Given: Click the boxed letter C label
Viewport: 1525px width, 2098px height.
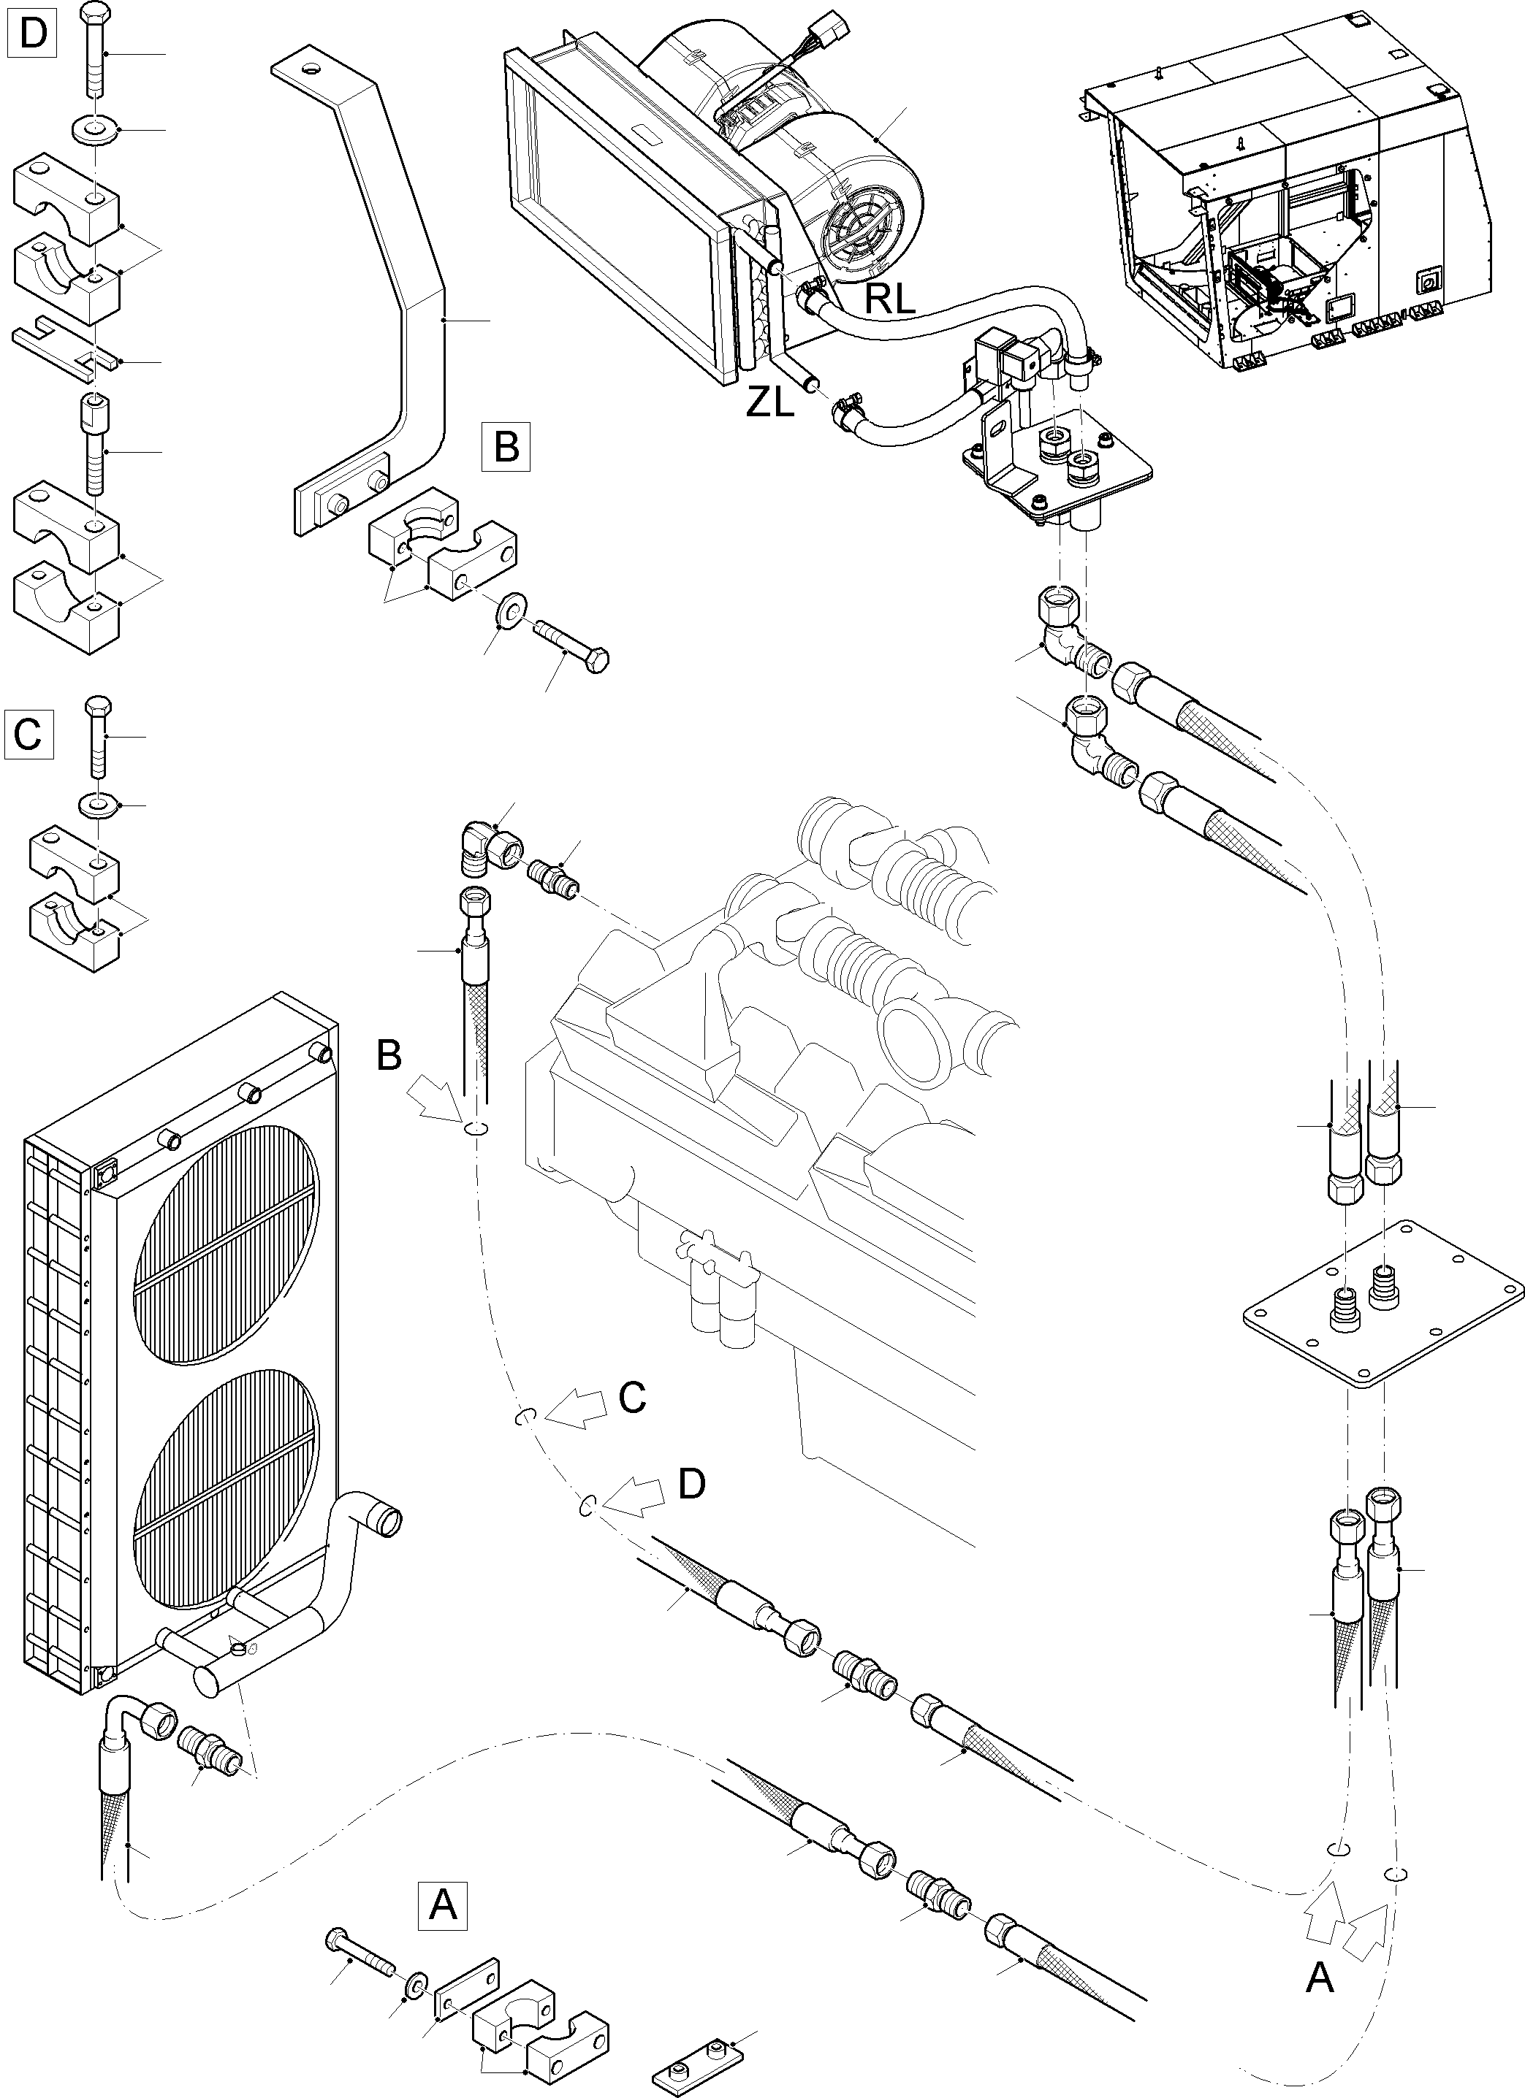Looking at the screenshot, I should click(x=28, y=735).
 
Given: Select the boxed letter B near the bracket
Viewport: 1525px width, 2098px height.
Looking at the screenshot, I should click(x=506, y=448).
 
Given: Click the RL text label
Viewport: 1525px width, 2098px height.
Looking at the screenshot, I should click(x=890, y=299).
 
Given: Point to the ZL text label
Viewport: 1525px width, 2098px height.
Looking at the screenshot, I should click(x=770, y=403).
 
